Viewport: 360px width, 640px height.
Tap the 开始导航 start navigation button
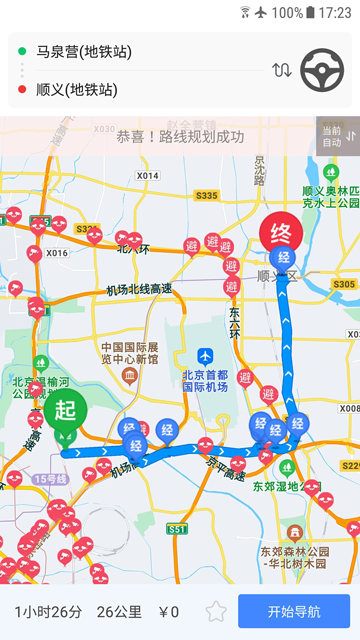[294, 612]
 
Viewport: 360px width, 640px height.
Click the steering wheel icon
[322, 70]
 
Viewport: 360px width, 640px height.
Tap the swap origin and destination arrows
[282, 70]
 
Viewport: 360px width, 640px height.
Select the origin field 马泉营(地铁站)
[84, 51]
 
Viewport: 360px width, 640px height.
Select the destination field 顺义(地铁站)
[76, 91]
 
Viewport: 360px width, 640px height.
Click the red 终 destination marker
[281, 236]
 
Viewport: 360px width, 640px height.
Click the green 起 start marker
[65, 411]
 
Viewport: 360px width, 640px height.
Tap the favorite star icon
[216, 612]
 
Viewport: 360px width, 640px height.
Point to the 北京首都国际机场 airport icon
[206, 356]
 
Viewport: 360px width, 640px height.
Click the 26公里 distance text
[119, 612]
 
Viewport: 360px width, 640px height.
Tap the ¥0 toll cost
[168, 612]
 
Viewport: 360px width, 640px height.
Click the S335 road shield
[207, 196]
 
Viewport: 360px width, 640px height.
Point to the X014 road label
[147, 176]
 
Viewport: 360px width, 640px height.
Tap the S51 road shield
[178, 528]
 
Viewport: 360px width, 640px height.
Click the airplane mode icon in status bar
[261, 13]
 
